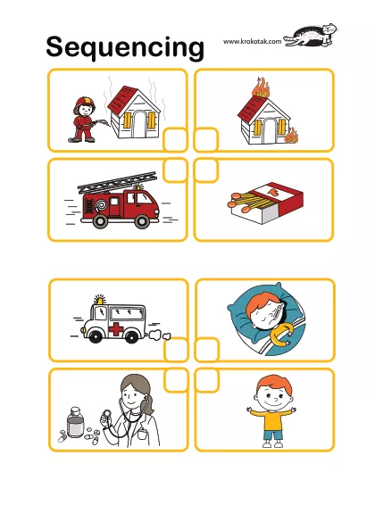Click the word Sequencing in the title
125,47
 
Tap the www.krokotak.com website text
252,42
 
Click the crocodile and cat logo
311,36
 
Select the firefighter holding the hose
85,120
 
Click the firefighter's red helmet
85,103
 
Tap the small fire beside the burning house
291,136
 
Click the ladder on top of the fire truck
118,183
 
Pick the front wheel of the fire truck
142,221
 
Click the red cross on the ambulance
116,329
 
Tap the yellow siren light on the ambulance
99,300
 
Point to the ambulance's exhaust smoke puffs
159,335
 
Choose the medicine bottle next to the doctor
75,423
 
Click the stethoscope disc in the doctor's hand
106,413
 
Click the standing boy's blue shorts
272,435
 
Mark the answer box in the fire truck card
175,170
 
